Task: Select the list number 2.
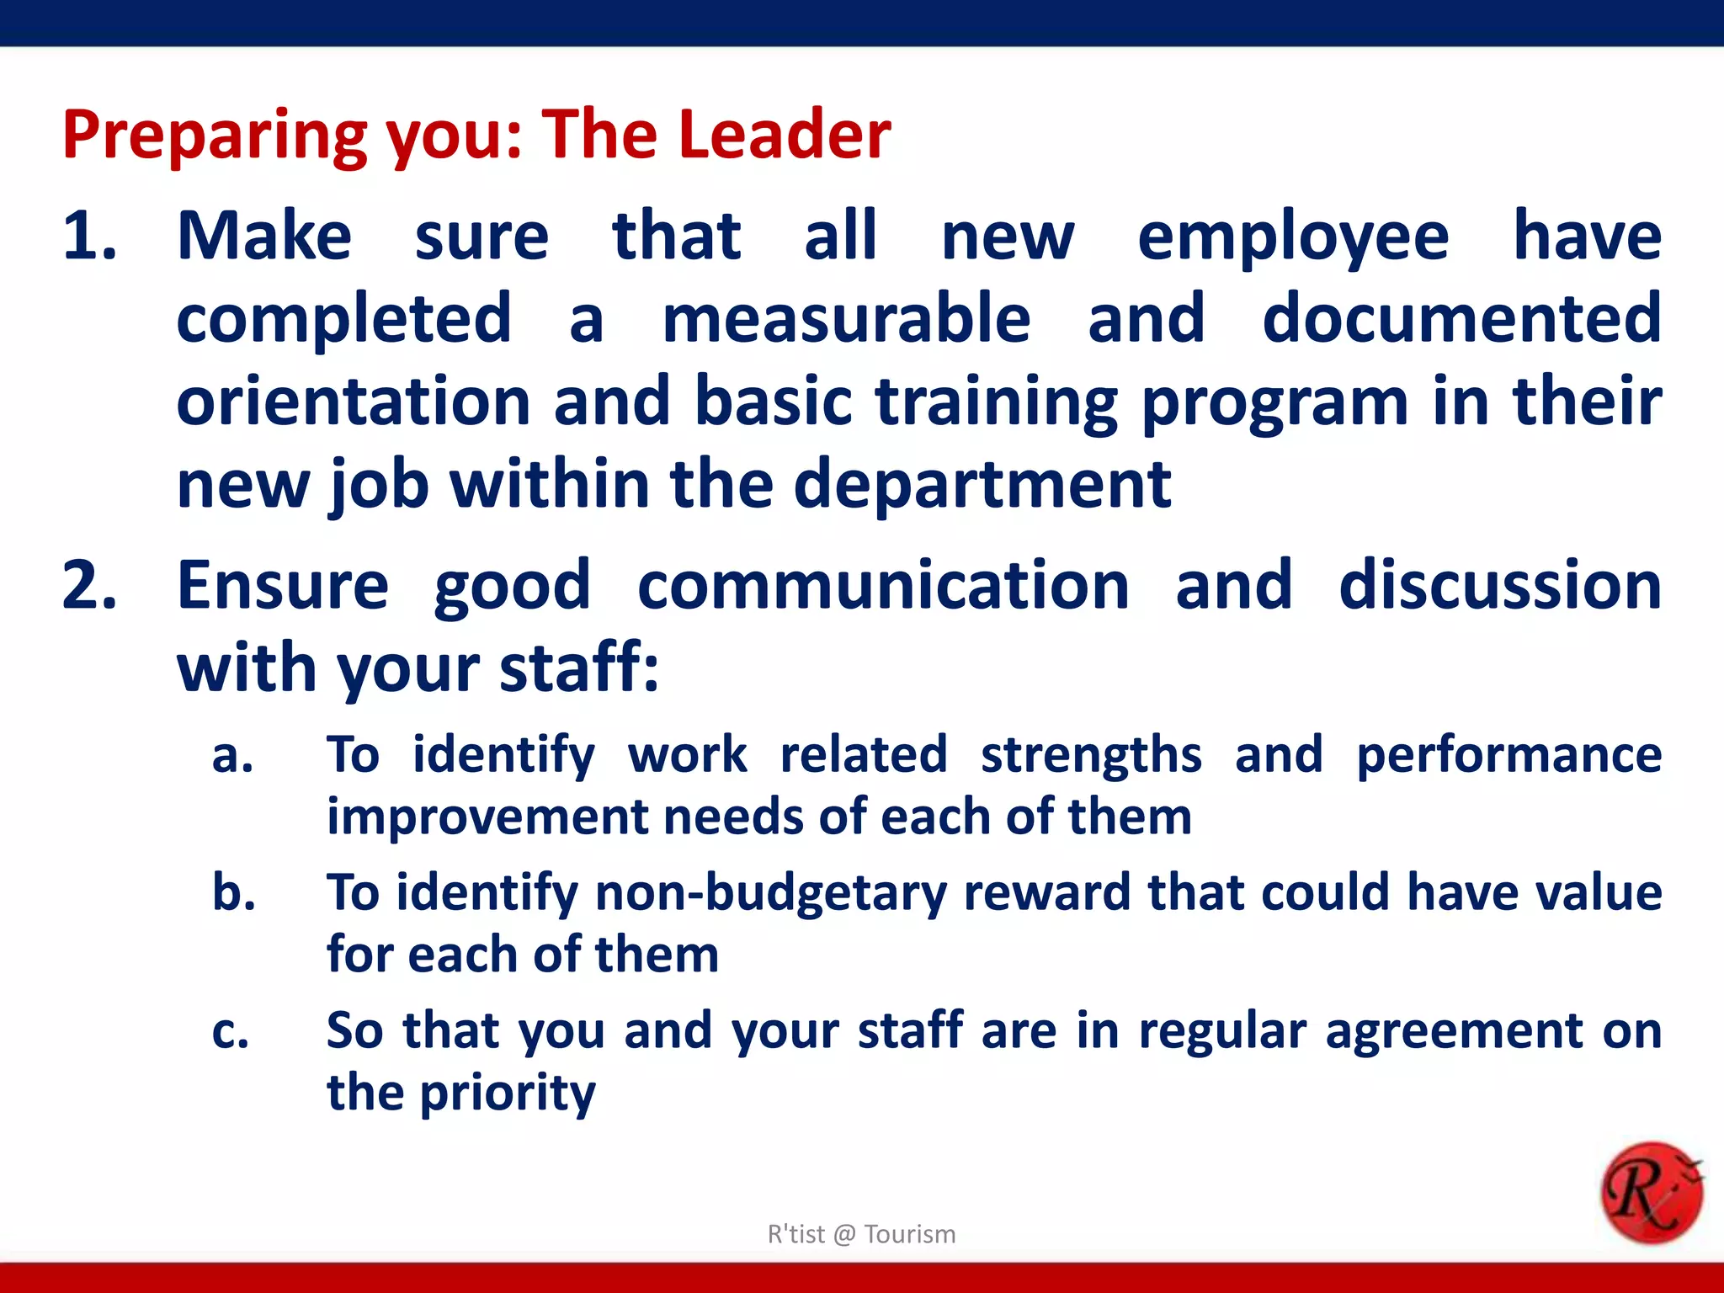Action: click(88, 586)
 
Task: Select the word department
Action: click(982, 486)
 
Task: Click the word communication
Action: click(883, 586)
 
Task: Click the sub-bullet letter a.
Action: click(232, 756)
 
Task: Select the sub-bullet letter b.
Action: click(234, 892)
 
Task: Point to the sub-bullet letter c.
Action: click(231, 1032)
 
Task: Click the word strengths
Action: click(1091, 755)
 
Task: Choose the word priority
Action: click(508, 1094)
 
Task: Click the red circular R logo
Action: click(1651, 1193)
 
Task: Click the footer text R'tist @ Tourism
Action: click(861, 1234)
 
